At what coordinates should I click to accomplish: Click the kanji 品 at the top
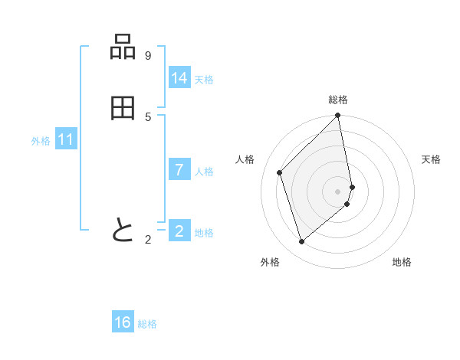pyautogui.click(x=123, y=47)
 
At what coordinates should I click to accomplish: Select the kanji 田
pyautogui.click(x=123, y=109)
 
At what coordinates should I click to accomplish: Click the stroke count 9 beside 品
pyautogui.click(x=148, y=56)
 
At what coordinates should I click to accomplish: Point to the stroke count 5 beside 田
pyautogui.click(x=148, y=117)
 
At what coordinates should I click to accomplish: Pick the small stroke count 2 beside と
pyautogui.click(x=148, y=240)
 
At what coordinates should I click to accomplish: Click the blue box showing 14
pyautogui.click(x=179, y=78)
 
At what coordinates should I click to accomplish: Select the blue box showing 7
pyautogui.click(x=179, y=170)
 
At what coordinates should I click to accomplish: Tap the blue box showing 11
pyautogui.click(x=66, y=139)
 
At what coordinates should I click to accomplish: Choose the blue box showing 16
pyautogui.click(x=123, y=322)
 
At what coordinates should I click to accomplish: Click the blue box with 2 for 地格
pyautogui.click(x=179, y=231)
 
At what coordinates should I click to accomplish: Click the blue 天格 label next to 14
pyautogui.click(x=204, y=80)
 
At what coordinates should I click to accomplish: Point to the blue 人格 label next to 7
pyautogui.click(x=204, y=172)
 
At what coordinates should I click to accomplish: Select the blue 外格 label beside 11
pyautogui.click(x=41, y=141)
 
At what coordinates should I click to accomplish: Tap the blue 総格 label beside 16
pyautogui.click(x=147, y=324)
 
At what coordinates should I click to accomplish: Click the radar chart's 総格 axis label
pyautogui.click(x=338, y=100)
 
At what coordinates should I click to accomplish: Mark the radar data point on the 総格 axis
pyautogui.click(x=338, y=116)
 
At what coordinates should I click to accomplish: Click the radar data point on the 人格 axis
pyautogui.click(x=280, y=172)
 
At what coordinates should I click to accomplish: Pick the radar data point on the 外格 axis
pyautogui.click(x=302, y=242)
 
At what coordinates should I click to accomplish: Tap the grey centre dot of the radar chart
pyautogui.click(x=338, y=191)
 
